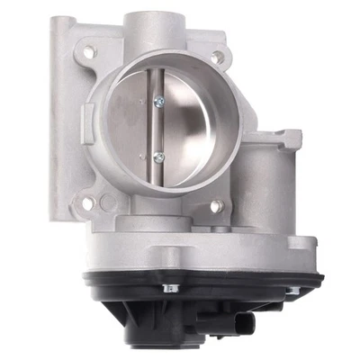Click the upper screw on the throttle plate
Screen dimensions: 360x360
[158, 101]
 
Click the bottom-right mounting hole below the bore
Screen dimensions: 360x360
[216, 207]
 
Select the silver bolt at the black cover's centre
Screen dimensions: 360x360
[169, 288]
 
